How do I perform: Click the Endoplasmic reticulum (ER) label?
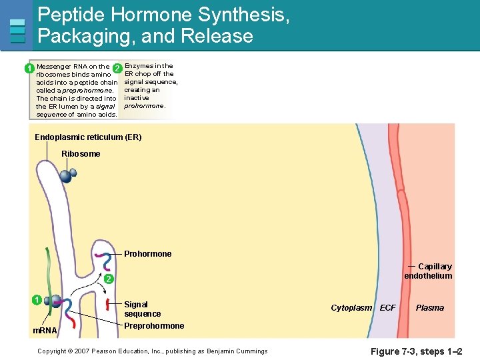pos(88,137)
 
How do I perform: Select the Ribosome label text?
pos(81,154)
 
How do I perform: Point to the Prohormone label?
pos(147,254)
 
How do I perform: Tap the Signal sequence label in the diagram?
pos(142,309)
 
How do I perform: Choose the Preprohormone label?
pos(154,326)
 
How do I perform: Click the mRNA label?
pos(45,331)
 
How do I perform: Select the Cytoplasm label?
pos(351,308)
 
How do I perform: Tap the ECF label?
pos(387,308)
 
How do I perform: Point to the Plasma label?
pos(429,308)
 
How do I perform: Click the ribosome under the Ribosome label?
pos(67,175)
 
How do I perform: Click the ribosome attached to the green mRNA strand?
pos(55,302)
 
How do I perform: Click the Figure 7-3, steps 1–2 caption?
pos(416,351)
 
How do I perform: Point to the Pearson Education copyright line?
pos(152,351)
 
